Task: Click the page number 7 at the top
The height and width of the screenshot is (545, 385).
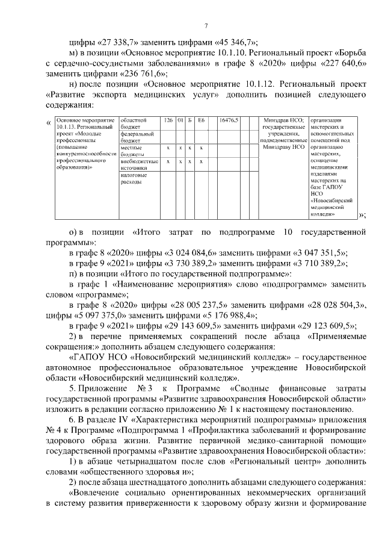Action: tap(206, 25)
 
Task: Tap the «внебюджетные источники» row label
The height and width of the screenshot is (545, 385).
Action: tap(139, 164)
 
